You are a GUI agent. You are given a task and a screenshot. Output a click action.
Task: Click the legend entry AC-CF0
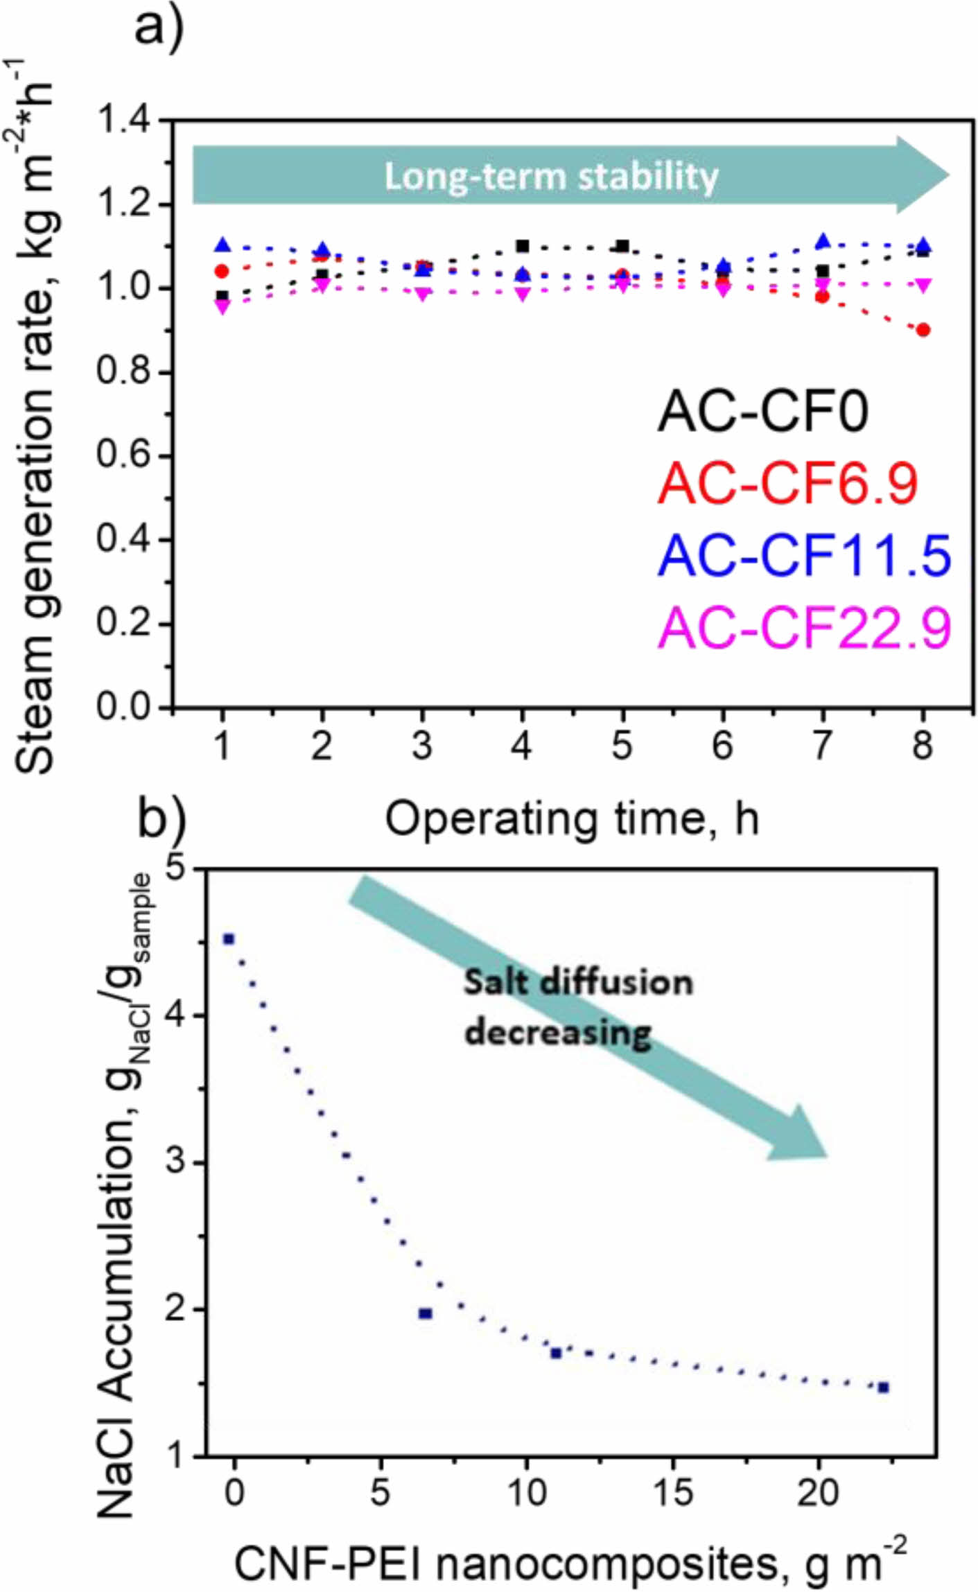pos(762,412)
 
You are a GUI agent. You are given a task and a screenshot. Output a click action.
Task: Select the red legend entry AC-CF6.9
pos(787,483)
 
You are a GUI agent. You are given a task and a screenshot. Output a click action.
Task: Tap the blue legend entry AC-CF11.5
pos(804,556)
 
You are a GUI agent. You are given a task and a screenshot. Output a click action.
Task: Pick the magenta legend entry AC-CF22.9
pos(804,627)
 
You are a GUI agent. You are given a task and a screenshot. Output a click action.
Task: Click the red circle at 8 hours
pos(923,330)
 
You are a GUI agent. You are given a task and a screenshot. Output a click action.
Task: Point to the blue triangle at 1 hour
pos(222,245)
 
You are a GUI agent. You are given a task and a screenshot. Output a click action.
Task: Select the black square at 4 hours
pos(523,246)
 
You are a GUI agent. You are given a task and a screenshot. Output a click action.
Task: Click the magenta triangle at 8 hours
pos(923,285)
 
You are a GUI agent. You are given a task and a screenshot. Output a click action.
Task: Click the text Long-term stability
pos(551,176)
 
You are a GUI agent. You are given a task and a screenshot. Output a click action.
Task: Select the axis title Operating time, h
pos(572,819)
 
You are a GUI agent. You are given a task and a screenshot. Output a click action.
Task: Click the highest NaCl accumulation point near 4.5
pos(229,938)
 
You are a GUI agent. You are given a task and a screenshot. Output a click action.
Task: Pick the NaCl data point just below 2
pos(426,1313)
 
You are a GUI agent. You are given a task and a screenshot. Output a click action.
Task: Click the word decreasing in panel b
pos(558,1032)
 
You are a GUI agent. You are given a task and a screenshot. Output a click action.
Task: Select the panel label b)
pos(161,818)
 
